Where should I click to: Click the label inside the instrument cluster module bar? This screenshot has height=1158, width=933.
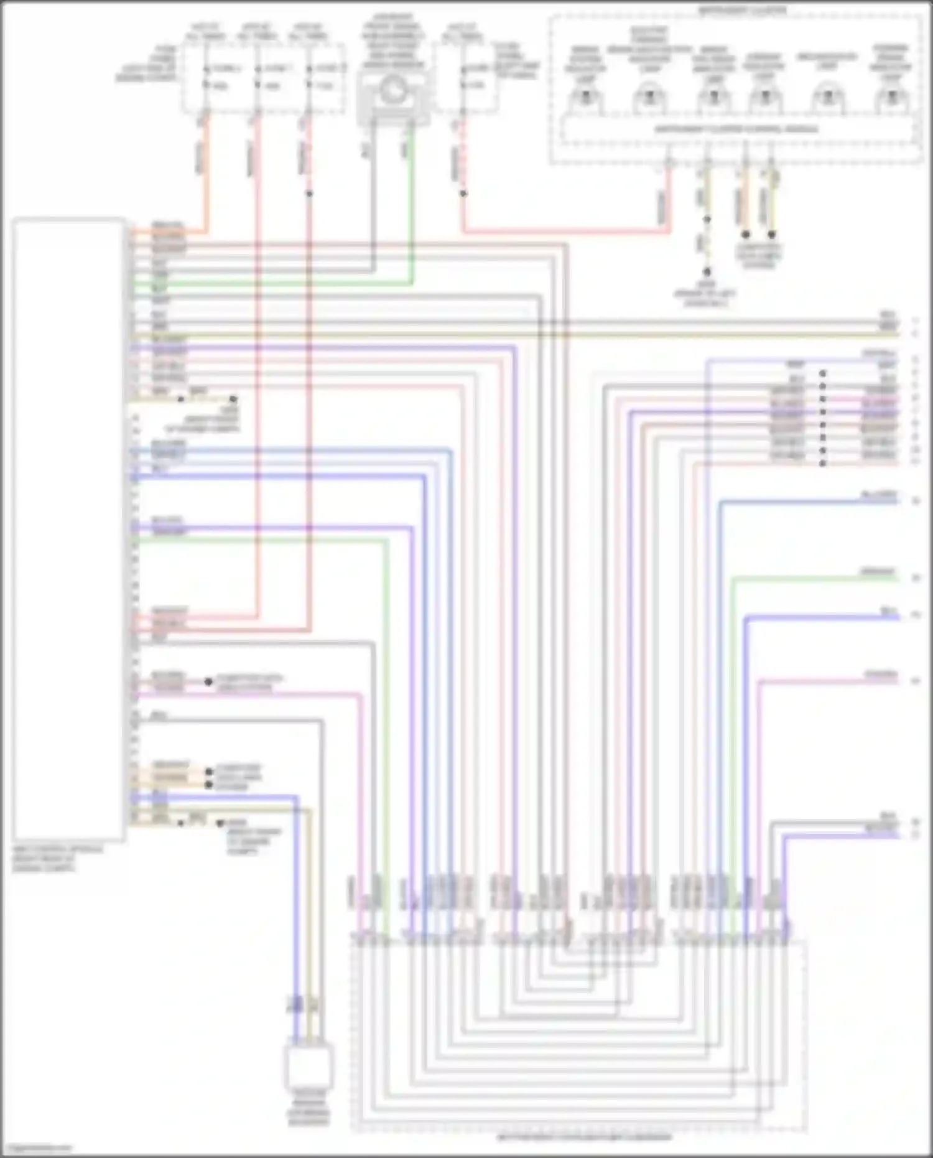click(736, 129)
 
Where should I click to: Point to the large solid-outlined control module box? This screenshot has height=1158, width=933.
click(68, 529)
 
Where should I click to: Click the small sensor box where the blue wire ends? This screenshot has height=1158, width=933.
click(309, 1067)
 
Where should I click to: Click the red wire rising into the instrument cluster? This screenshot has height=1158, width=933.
click(669, 199)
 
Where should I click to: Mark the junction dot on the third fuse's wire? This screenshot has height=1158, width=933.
click(309, 194)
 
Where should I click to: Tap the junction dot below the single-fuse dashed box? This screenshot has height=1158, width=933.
click(463, 194)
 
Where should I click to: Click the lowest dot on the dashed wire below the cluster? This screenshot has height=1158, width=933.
click(707, 273)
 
